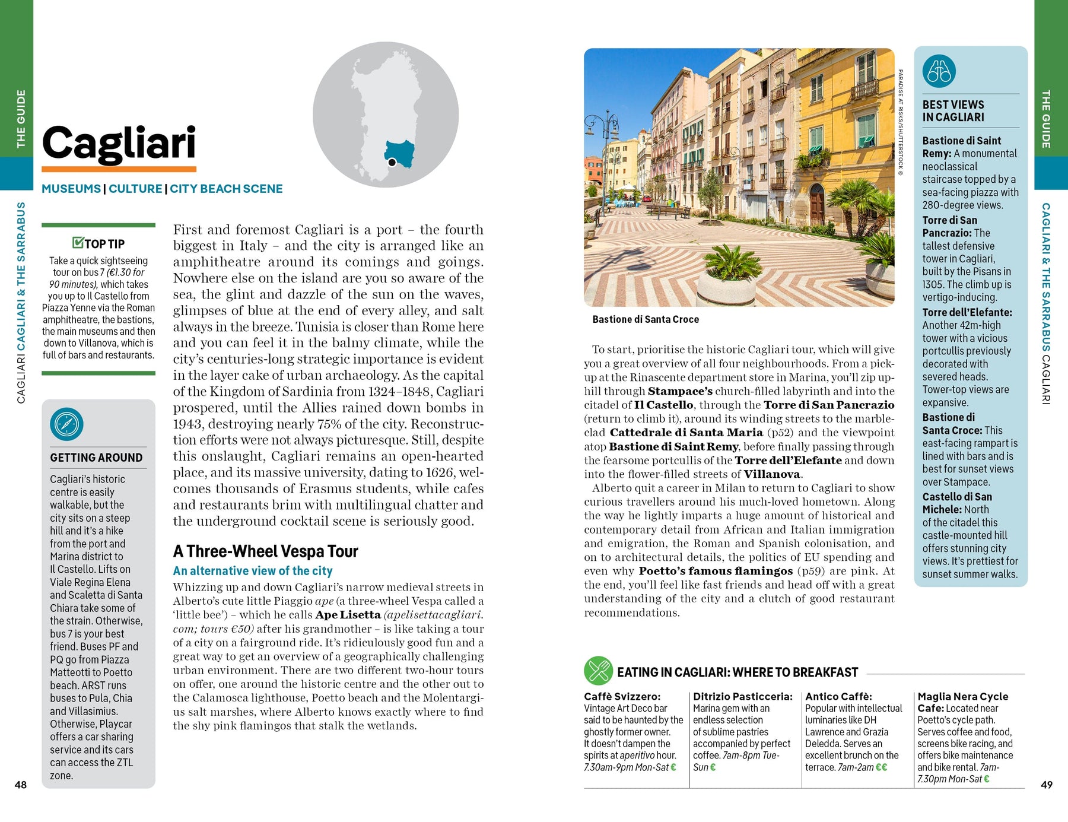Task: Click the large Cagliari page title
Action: coord(119,144)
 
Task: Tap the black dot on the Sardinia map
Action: coord(392,162)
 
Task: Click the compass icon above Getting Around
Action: coord(66,424)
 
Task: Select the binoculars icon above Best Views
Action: coord(939,71)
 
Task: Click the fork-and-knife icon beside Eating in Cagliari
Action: coord(597,671)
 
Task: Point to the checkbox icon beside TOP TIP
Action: coord(78,242)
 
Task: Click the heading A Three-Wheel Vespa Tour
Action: coord(265,551)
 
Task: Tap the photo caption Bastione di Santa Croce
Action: coord(646,319)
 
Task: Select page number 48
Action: coord(21,785)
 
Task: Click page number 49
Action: coord(1047,785)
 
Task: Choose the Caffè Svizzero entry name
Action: coord(622,696)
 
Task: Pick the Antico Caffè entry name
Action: coord(838,696)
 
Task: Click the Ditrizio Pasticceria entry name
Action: coord(742,696)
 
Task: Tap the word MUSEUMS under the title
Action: coord(71,189)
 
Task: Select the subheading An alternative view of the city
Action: coord(253,571)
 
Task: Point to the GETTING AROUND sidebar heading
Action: coord(96,458)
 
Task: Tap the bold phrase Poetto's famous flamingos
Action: coord(716,571)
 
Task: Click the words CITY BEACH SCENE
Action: coord(226,189)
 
